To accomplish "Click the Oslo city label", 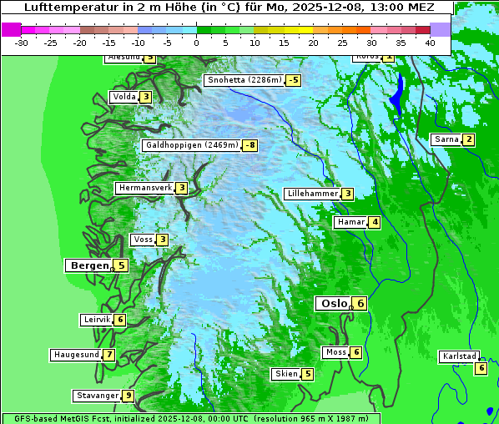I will pos(334,303).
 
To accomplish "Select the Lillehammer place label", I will pos(312,194).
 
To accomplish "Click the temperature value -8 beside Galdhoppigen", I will pos(250,145).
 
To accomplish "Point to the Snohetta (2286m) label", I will pos(244,80).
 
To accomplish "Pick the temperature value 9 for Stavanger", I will pos(128,396).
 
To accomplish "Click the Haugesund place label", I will pos(76,355).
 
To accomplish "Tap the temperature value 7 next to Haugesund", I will pos(109,355).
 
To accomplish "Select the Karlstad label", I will pos(459,356).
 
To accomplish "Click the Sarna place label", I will pos(446,139).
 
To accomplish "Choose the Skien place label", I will pos(286,373).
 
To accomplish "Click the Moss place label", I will pos(335,352).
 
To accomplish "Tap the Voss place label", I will pos(143,240).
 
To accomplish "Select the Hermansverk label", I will pos(144,188).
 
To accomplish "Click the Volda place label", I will pos(123,97).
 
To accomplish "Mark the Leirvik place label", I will pos(97,320).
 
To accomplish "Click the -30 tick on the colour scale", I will pos(22,42).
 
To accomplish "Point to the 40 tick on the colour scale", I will pos(430,42).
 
